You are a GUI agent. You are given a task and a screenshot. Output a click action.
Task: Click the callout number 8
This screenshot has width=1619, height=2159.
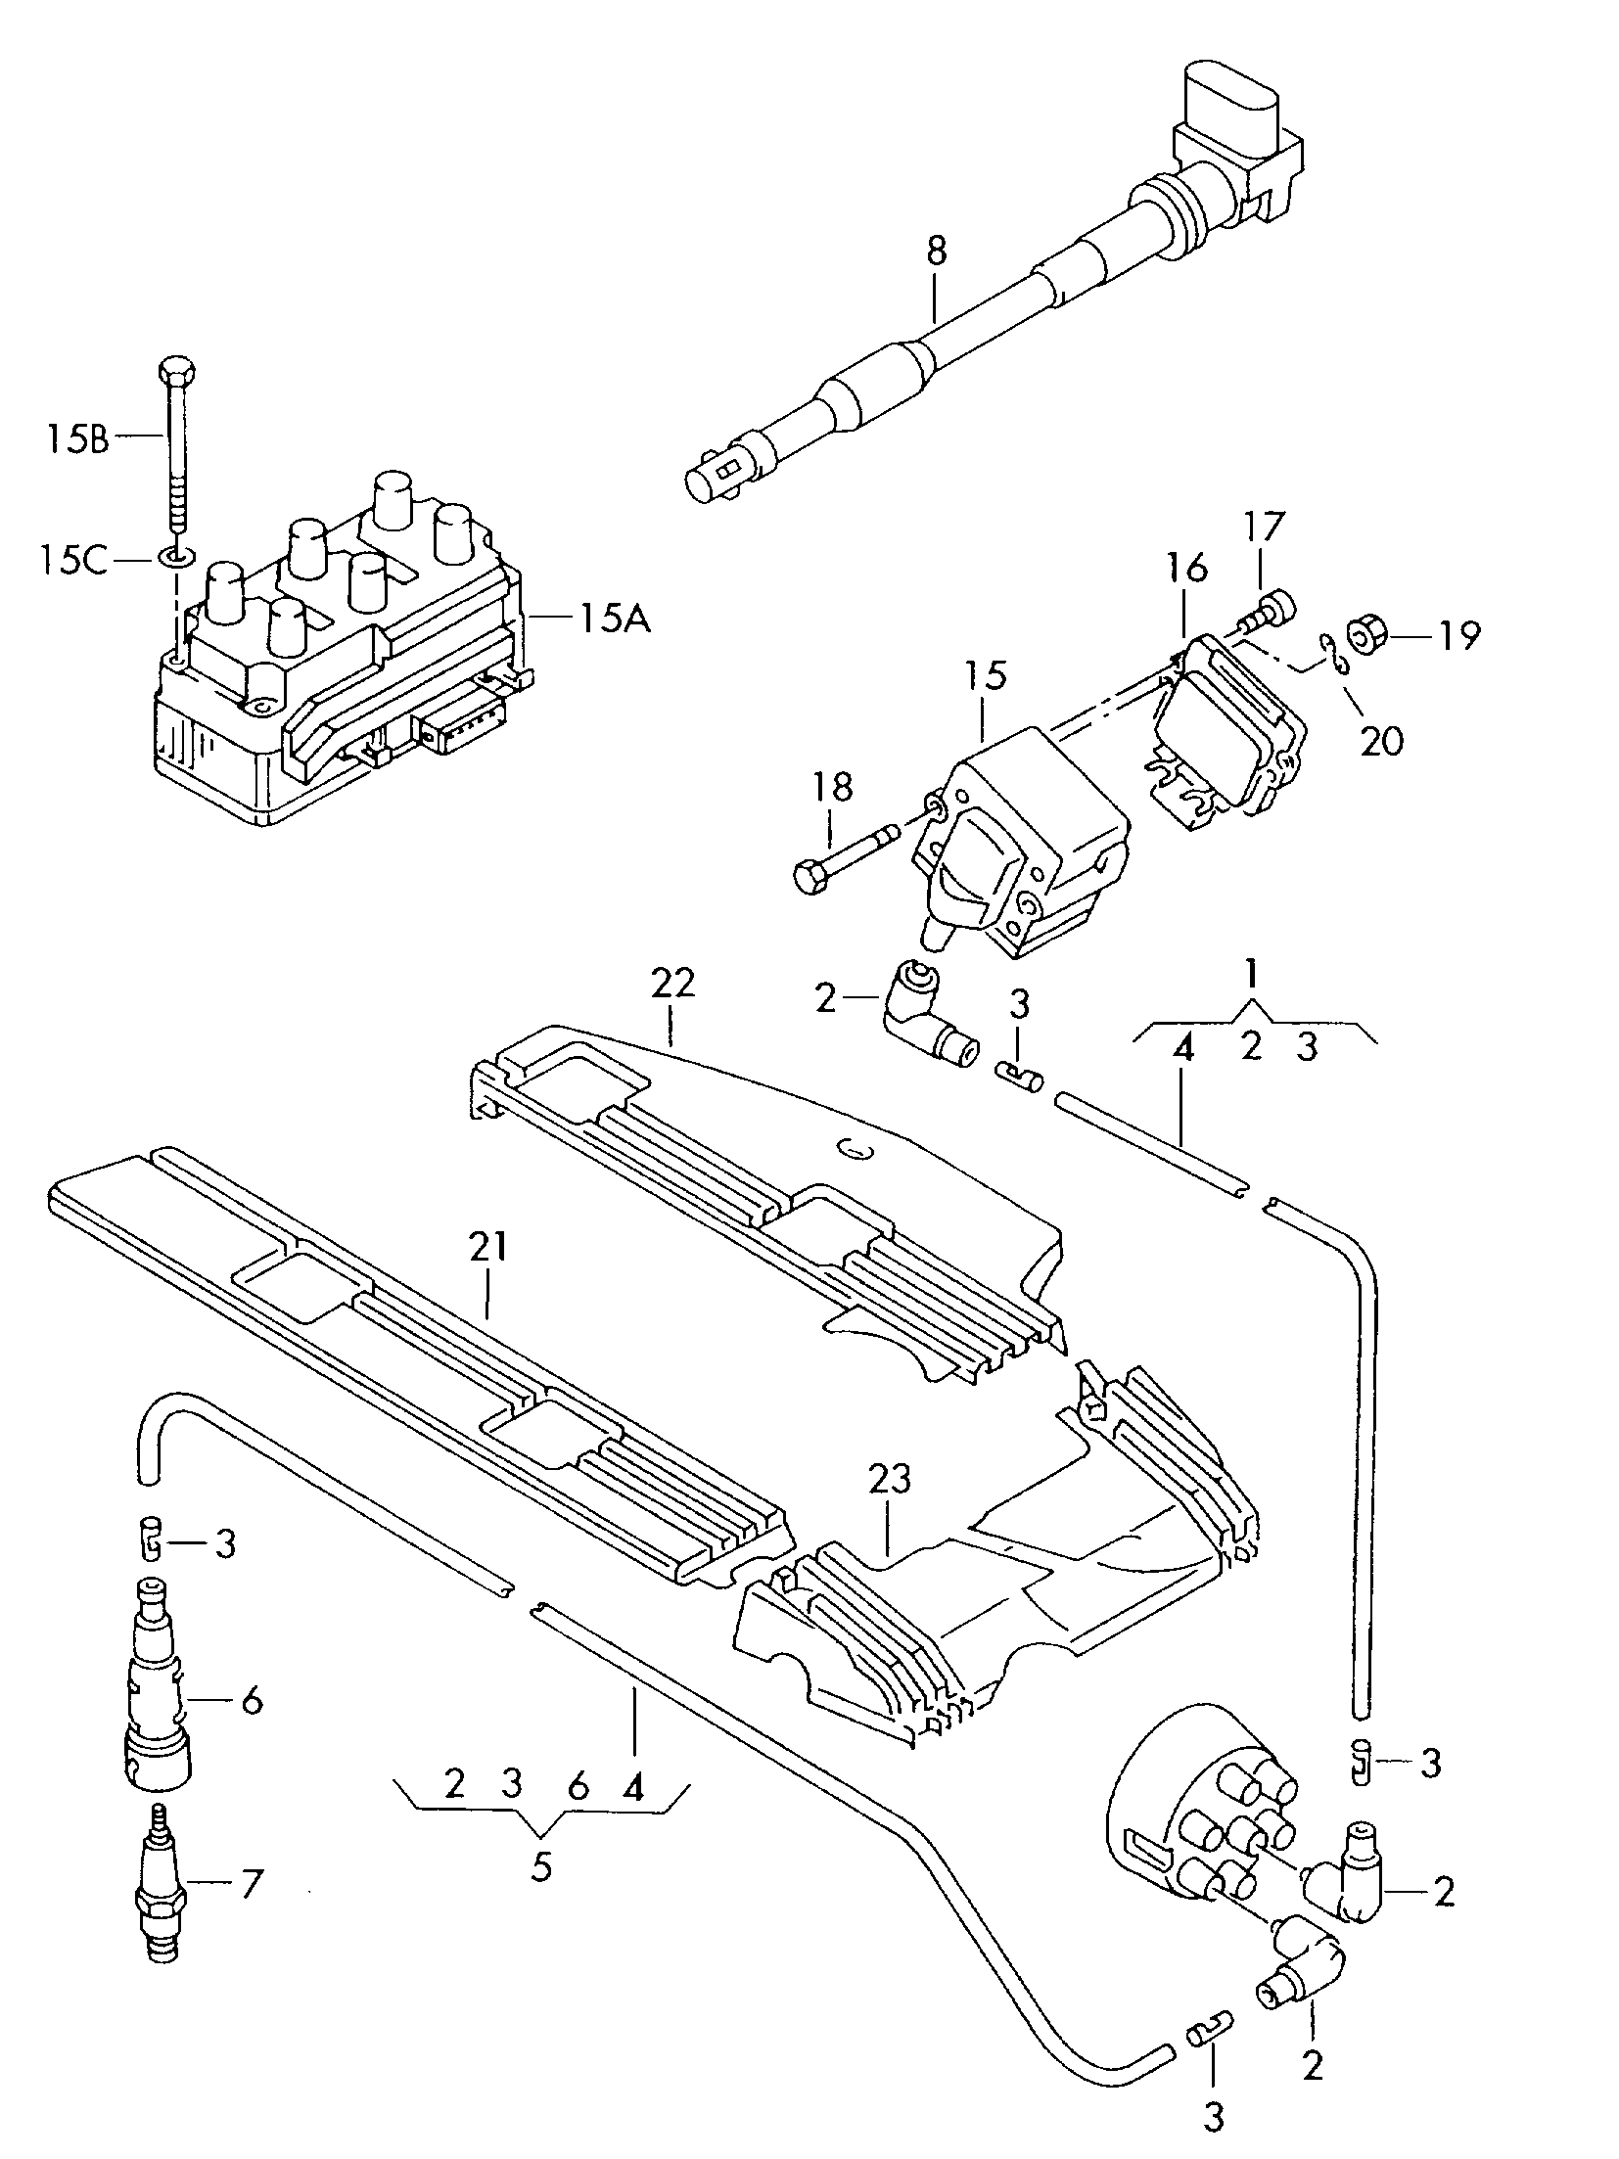pos(936,251)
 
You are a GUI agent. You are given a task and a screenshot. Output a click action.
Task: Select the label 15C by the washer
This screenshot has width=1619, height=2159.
pos(74,561)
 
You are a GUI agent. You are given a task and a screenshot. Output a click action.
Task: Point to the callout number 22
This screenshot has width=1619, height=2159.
pos(672,983)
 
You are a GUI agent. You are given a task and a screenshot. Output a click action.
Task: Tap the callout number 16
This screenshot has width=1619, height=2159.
pos(1186,569)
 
